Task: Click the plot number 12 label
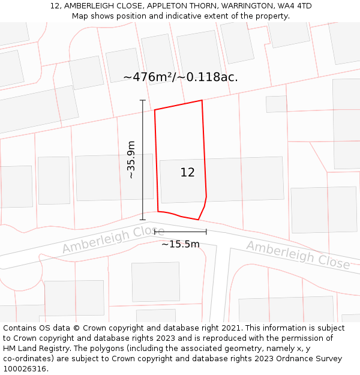[187, 173]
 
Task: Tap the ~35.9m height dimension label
[131, 160]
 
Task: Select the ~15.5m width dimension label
[180, 244]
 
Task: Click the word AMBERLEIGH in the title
[88, 6]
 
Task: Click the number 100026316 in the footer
[25, 369]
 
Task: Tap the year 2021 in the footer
[230, 328]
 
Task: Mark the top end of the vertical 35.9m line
[143, 100]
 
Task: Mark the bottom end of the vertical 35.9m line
[143, 220]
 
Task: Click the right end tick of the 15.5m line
[206, 232]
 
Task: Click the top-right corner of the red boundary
[202, 100]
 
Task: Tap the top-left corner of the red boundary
[155, 110]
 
